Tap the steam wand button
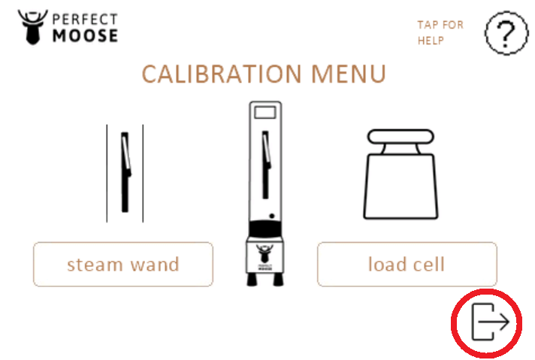(x=123, y=264)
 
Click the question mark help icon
(x=506, y=33)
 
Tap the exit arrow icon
(x=491, y=322)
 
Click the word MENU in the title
(x=349, y=74)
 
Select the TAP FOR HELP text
(x=440, y=33)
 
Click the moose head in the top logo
(x=33, y=27)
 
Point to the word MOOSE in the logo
(x=86, y=36)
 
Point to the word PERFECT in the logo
(x=86, y=19)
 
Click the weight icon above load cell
(x=400, y=174)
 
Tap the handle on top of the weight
(x=400, y=136)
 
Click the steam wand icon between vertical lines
(x=125, y=172)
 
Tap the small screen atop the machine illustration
(x=265, y=113)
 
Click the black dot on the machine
(x=272, y=216)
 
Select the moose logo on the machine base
(x=264, y=257)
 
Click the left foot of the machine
(x=252, y=280)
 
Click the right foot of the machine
(x=278, y=280)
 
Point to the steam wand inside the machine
(x=266, y=165)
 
